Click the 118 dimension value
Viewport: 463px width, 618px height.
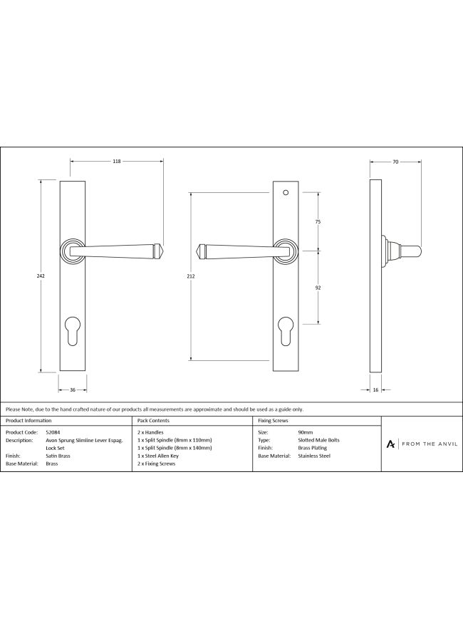(x=117, y=161)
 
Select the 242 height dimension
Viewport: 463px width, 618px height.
(x=41, y=276)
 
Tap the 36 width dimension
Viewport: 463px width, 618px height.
(x=73, y=389)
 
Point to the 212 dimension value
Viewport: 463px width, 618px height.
(x=191, y=276)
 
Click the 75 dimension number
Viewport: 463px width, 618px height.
(x=318, y=222)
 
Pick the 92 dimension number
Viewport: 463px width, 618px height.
(x=318, y=288)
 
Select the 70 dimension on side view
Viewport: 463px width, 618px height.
(x=395, y=162)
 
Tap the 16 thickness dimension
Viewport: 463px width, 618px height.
(x=375, y=389)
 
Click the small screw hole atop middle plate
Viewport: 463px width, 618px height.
(x=286, y=193)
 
